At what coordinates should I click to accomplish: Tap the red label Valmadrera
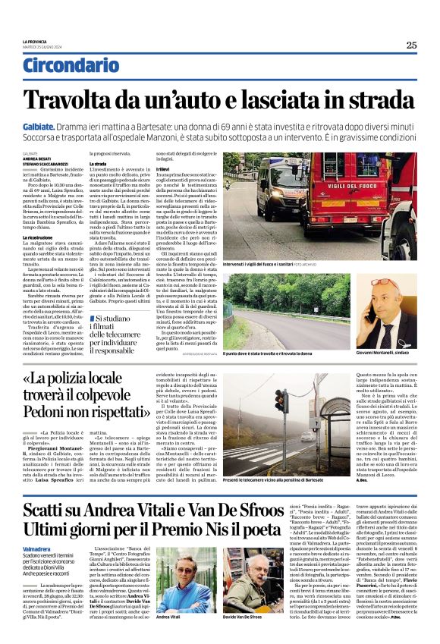[x=37, y=547]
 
